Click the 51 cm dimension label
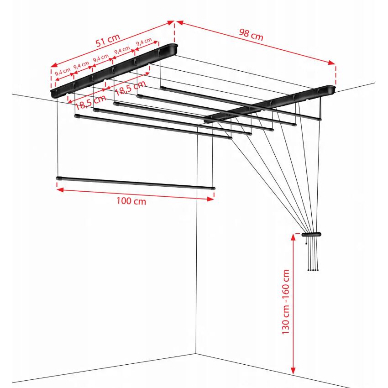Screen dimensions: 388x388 (x=108, y=40)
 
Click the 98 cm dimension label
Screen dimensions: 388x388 (x=251, y=35)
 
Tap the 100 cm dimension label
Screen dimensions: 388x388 (x=131, y=201)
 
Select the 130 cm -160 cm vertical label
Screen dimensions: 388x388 (x=286, y=302)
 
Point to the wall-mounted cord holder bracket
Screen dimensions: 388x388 (x=311, y=234)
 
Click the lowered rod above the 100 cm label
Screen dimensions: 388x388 (x=136, y=183)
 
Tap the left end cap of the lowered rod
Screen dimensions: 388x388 (x=58, y=178)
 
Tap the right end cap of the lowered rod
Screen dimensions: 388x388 (x=213, y=189)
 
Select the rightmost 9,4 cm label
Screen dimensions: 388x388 (x=144, y=42)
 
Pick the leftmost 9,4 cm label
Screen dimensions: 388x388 (x=63, y=72)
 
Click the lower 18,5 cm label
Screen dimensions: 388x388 (x=90, y=102)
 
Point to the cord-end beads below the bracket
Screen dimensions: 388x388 (x=313, y=270)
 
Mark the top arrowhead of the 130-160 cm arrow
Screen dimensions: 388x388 (x=293, y=237)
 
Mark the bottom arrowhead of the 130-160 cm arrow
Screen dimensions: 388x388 (x=293, y=370)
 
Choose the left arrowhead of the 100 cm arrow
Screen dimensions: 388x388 (x=60, y=190)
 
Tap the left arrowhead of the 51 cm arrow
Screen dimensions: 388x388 (x=54, y=65)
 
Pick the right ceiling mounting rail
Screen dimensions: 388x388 (x=270, y=104)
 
